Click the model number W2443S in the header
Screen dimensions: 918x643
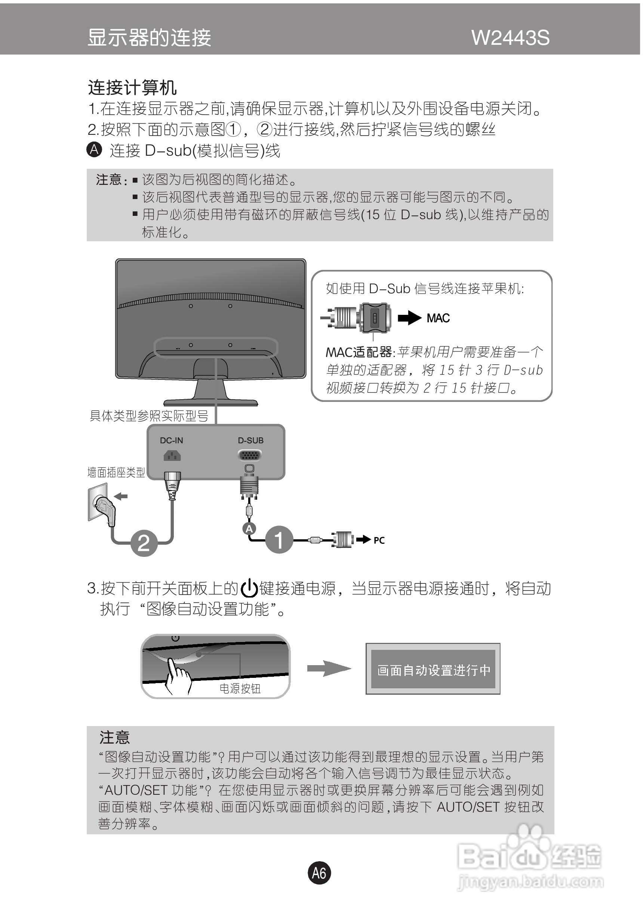pyautogui.click(x=510, y=38)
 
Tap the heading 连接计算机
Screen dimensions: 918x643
pyautogui.click(x=132, y=87)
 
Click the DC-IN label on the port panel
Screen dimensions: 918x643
pyautogui.click(x=171, y=440)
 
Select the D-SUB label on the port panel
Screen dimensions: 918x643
pyautogui.click(x=250, y=440)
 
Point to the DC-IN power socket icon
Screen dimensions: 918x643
pyautogui.click(x=172, y=455)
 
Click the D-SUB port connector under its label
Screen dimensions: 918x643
pyautogui.click(x=250, y=455)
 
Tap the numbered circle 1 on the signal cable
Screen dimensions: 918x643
pyautogui.click(x=279, y=540)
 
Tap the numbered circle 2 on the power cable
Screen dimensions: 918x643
pyautogui.click(x=144, y=543)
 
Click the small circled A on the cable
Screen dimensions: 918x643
pyautogui.click(x=249, y=529)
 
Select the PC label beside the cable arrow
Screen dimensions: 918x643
pyautogui.click(x=379, y=540)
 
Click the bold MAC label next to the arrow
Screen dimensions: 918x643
pyautogui.click(x=438, y=318)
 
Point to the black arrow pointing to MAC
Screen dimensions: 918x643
pyautogui.click(x=409, y=318)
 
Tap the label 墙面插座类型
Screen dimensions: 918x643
pyautogui.click(x=116, y=472)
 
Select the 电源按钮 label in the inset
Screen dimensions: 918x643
pyautogui.click(x=240, y=689)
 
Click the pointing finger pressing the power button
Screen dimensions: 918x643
pyautogui.click(x=176, y=676)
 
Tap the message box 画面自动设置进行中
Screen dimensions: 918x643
pyautogui.click(x=433, y=669)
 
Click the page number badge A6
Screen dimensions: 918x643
pyautogui.click(x=319, y=873)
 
